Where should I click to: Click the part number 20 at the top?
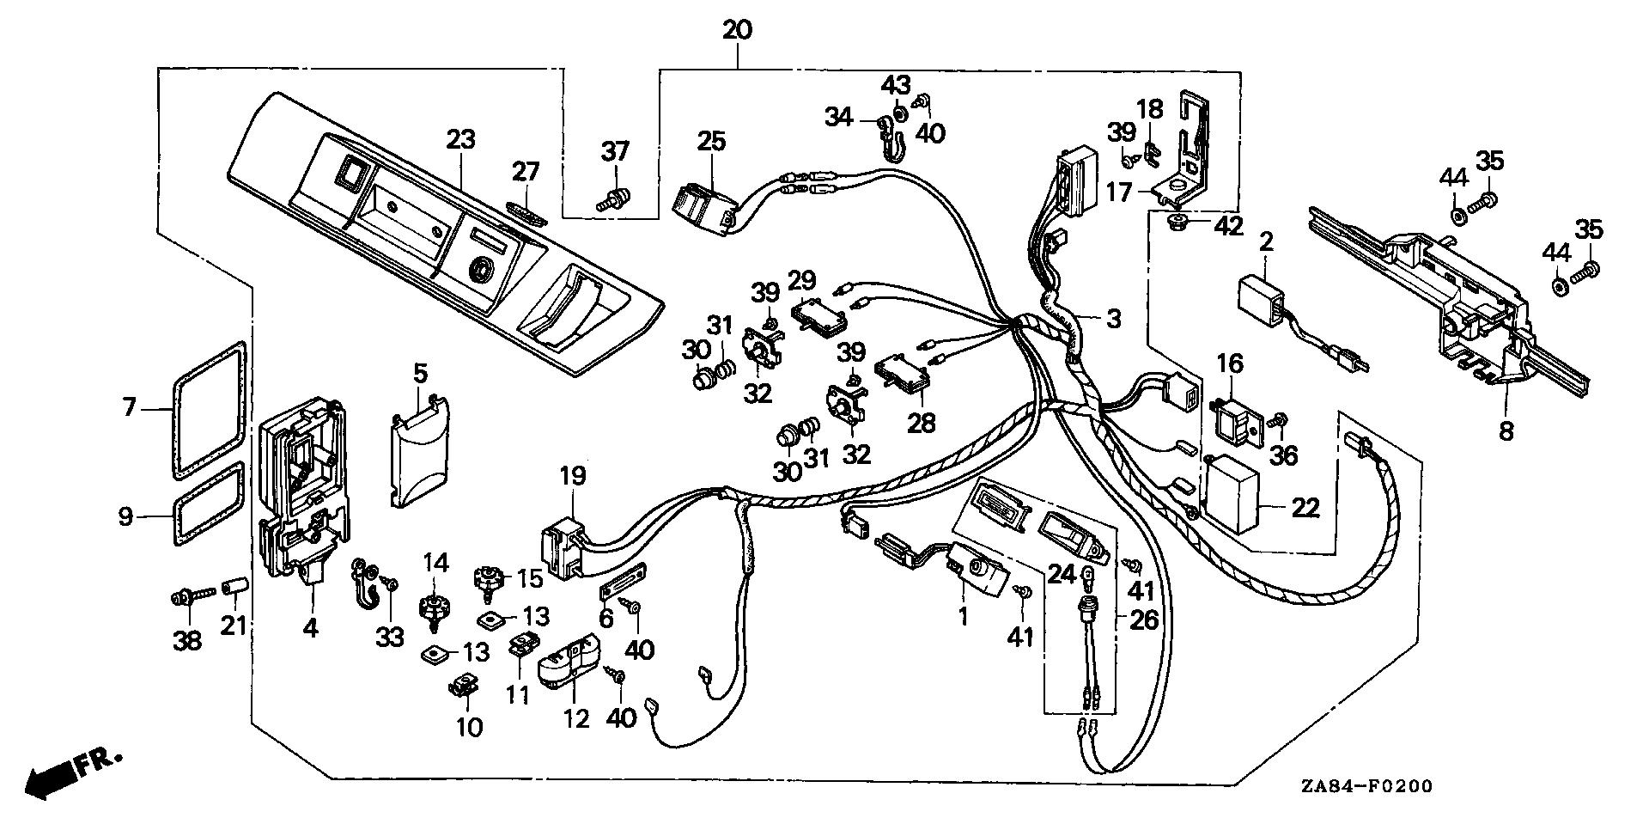737,30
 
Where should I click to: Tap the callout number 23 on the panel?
461,139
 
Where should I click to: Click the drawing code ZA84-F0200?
1366,786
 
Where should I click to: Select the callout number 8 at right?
1506,431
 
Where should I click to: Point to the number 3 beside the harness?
1113,320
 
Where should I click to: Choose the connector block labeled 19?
562,546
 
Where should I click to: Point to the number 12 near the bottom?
575,718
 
